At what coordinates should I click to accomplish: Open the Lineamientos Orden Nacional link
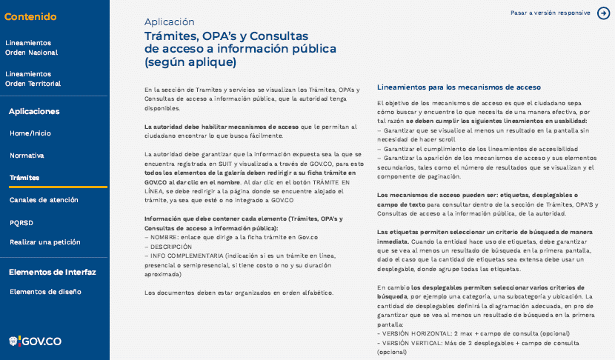click(x=31, y=47)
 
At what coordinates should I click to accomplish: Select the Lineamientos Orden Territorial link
click(x=34, y=79)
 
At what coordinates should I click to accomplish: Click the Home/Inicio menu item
click(x=30, y=133)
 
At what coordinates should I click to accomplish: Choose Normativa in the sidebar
click(x=27, y=156)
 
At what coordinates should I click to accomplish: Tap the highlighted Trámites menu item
click(x=24, y=178)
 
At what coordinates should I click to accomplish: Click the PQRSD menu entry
click(x=21, y=221)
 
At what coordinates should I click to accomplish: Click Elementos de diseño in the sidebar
click(x=45, y=292)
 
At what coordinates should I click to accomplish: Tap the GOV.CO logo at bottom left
click(x=35, y=341)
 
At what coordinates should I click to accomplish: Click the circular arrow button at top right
click(x=604, y=13)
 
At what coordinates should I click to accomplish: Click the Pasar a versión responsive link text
click(x=550, y=13)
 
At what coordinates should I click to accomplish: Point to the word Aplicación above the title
click(x=169, y=22)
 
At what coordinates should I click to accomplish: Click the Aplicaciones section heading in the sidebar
click(x=34, y=111)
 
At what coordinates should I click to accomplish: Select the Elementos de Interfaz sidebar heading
click(x=53, y=272)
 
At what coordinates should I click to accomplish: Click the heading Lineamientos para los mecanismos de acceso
click(x=459, y=87)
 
